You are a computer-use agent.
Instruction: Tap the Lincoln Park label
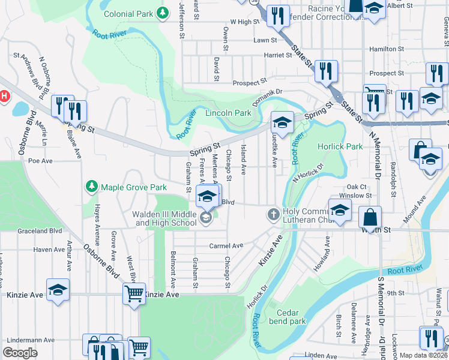coord(228,113)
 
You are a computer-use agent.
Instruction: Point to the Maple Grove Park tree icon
coord(91,187)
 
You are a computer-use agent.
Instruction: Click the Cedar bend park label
coord(291,317)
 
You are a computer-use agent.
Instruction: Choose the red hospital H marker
coord(4,96)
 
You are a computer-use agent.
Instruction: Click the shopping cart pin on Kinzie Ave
coord(134,295)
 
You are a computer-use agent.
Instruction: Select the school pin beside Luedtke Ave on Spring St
coord(282,122)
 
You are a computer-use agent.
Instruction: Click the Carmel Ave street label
coord(226,246)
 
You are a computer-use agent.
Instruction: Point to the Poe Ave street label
coord(41,161)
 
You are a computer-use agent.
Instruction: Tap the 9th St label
coord(396,293)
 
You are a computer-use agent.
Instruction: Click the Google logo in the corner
coord(20,353)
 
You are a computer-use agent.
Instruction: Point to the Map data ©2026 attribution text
coord(423,355)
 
